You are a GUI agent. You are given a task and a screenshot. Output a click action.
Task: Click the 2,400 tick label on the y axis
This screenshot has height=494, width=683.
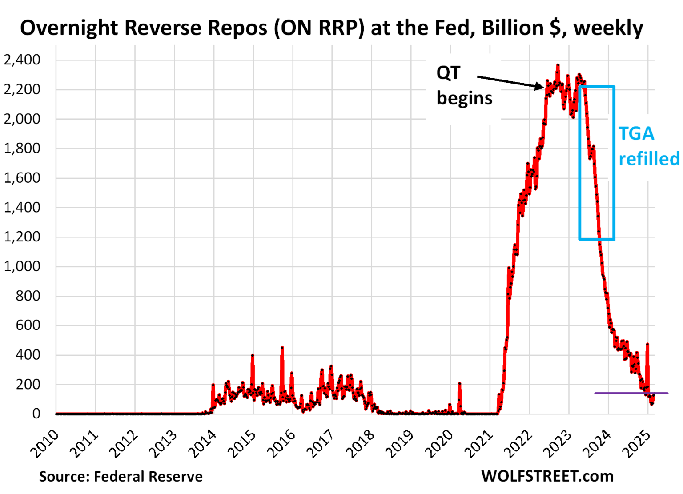(x=22, y=60)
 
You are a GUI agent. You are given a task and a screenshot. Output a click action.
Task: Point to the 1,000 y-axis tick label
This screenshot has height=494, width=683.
(x=22, y=266)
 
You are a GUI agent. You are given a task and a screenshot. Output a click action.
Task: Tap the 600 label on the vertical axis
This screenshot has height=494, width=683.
(x=28, y=325)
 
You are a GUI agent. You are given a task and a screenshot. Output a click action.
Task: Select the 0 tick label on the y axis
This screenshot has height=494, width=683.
(x=36, y=414)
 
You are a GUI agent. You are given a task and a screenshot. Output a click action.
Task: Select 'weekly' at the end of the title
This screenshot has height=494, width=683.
(x=608, y=28)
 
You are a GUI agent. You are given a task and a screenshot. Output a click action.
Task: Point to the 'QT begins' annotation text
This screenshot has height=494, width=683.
(x=464, y=85)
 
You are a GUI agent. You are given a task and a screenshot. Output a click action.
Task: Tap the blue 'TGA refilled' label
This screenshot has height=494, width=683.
(x=648, y=146)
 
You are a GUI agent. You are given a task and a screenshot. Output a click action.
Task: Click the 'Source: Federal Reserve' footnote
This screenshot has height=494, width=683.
(x=121, y=477)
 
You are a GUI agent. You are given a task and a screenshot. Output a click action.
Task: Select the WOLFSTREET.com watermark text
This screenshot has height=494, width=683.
(x=547, y=476)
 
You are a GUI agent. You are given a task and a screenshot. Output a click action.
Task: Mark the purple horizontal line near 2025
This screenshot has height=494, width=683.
(x=631, y=393)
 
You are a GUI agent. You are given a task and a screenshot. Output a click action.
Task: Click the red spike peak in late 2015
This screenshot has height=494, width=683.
(x=282, y=348)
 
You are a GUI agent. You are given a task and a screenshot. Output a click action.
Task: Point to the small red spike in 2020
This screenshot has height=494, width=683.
(x=459, y=383)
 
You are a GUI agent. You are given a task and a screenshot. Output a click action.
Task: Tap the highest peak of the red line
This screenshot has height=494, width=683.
(x=558, y=66)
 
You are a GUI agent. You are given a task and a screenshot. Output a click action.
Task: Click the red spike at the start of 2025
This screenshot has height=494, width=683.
(x=647, y=344)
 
